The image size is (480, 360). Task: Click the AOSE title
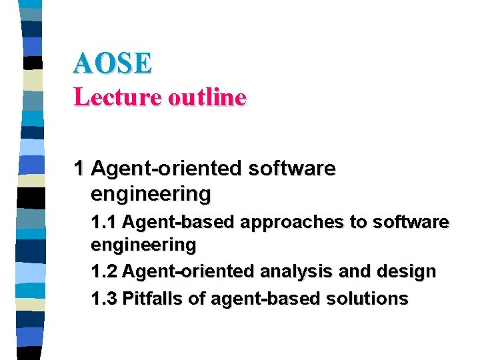(x=113, y=63)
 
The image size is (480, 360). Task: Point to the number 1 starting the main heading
(x=79, y=169)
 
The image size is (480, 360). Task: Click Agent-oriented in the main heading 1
(x=166, y=169)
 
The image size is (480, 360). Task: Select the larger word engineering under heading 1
(x=151, y=195)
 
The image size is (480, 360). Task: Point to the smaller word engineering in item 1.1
(x=143, y=245)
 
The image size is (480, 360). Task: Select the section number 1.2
(x=104, y=272)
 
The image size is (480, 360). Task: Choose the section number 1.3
(x=104, y=299)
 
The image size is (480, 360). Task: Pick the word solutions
(x=367, y=299)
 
